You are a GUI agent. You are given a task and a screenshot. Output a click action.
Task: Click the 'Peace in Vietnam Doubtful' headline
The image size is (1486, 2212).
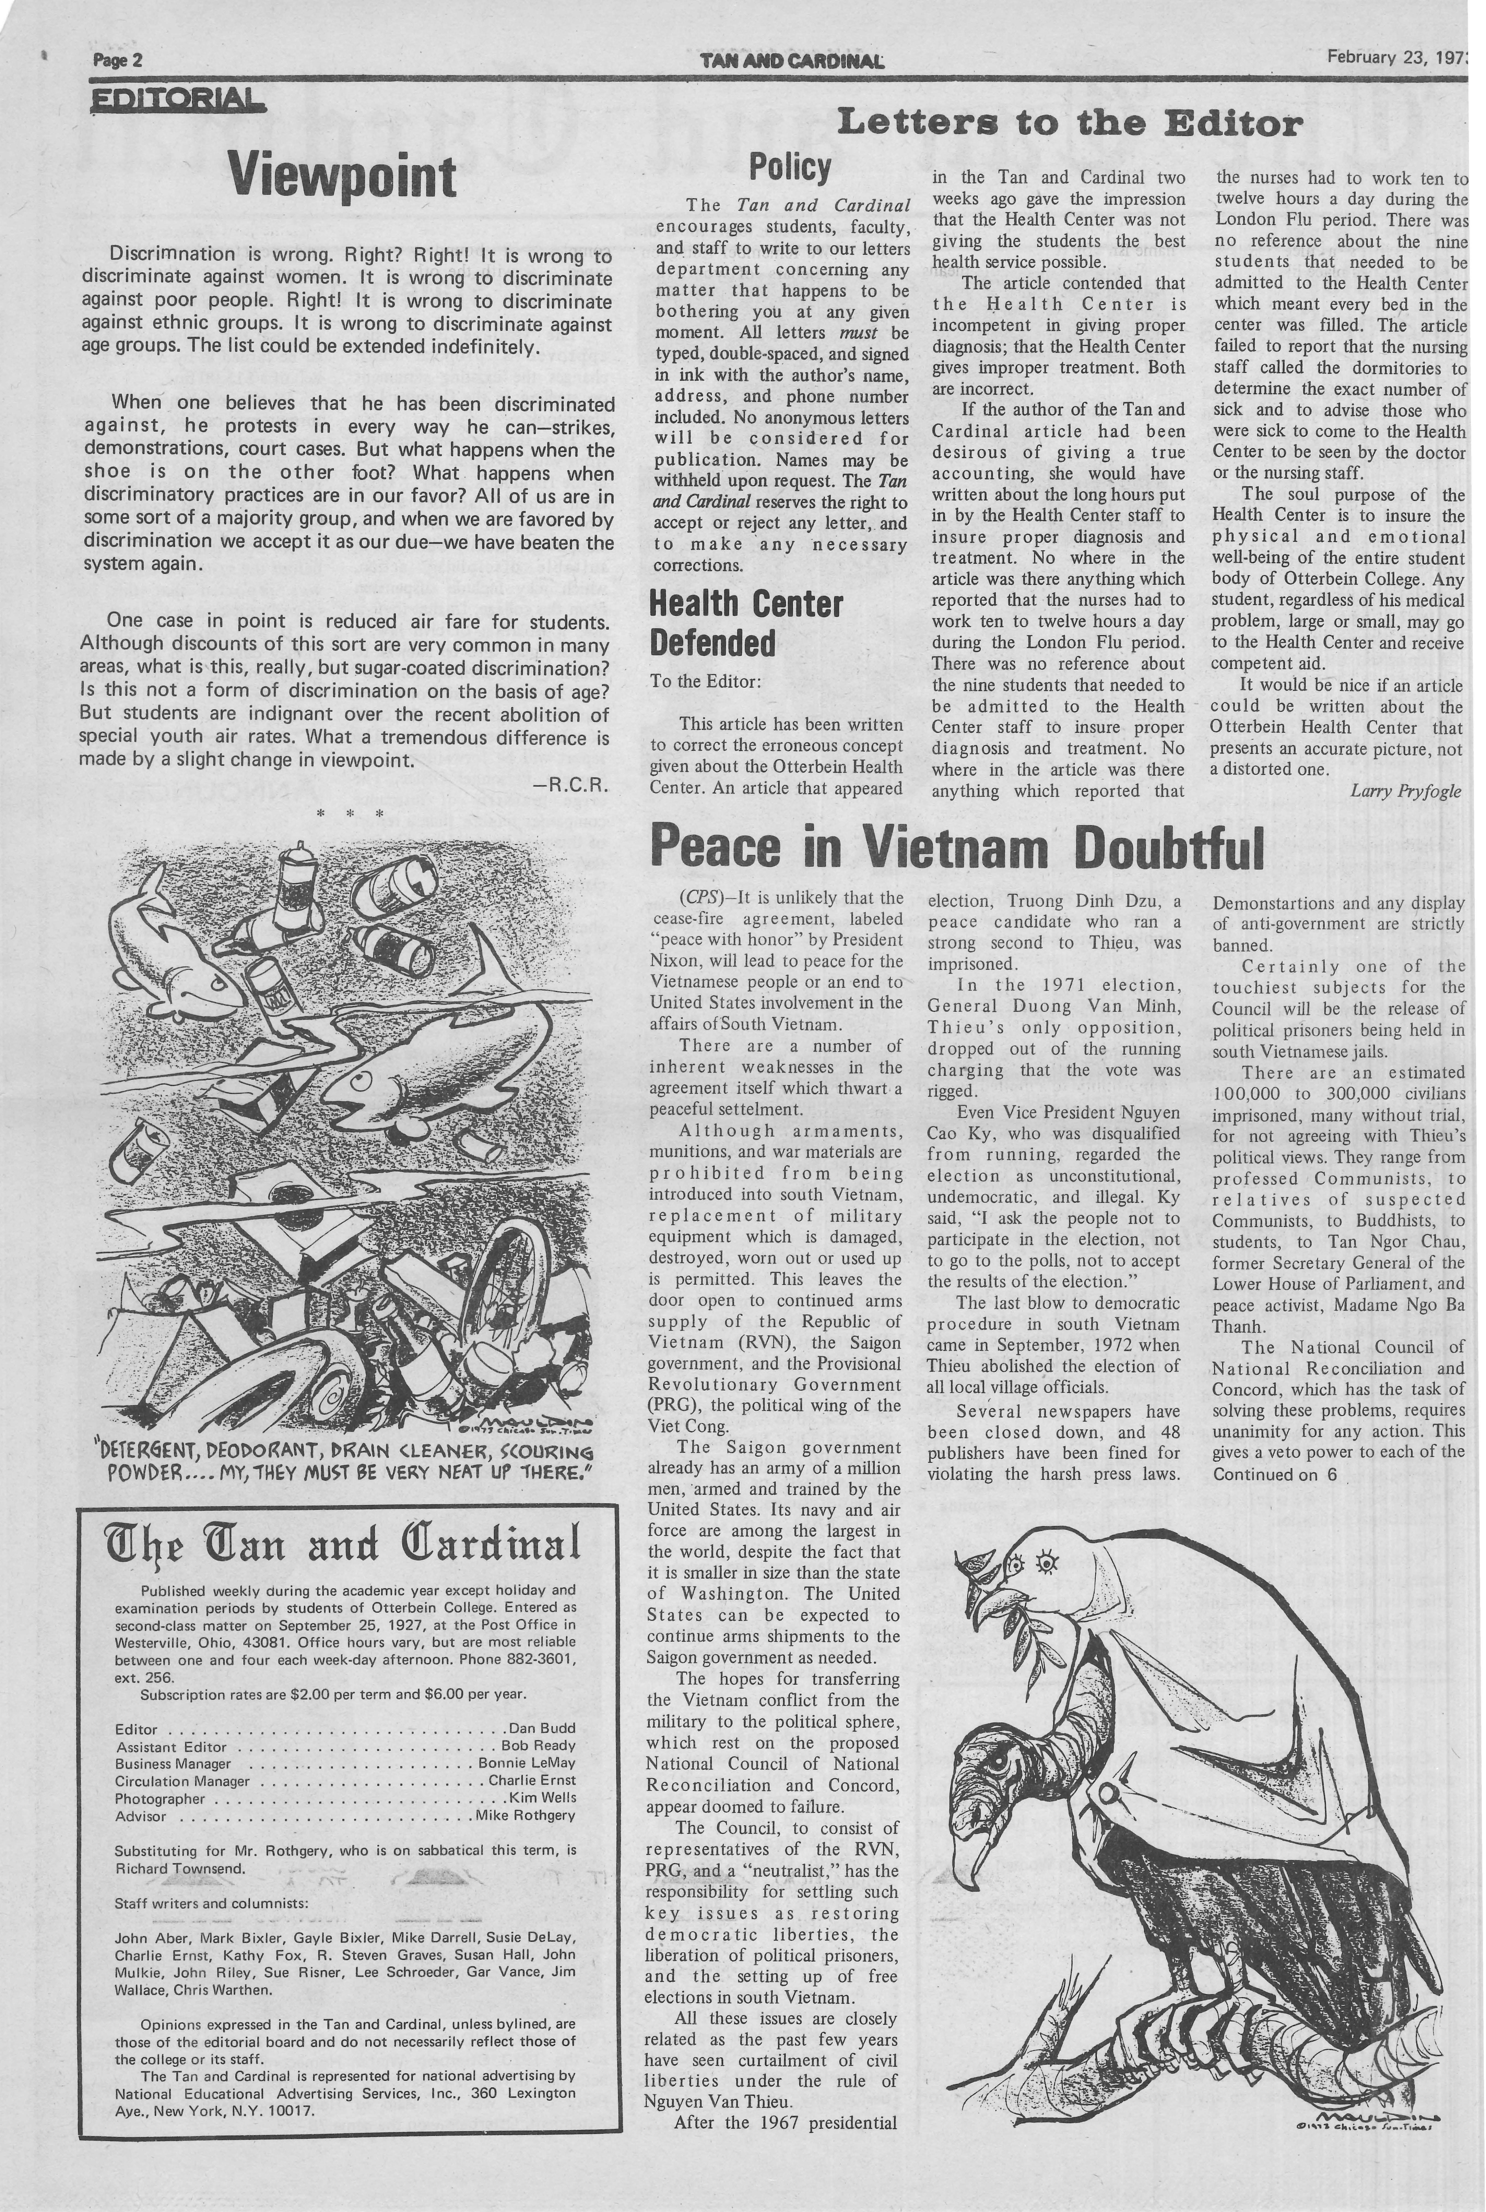[957, 847]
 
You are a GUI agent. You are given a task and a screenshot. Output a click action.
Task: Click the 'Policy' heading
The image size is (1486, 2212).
[790, 168]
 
